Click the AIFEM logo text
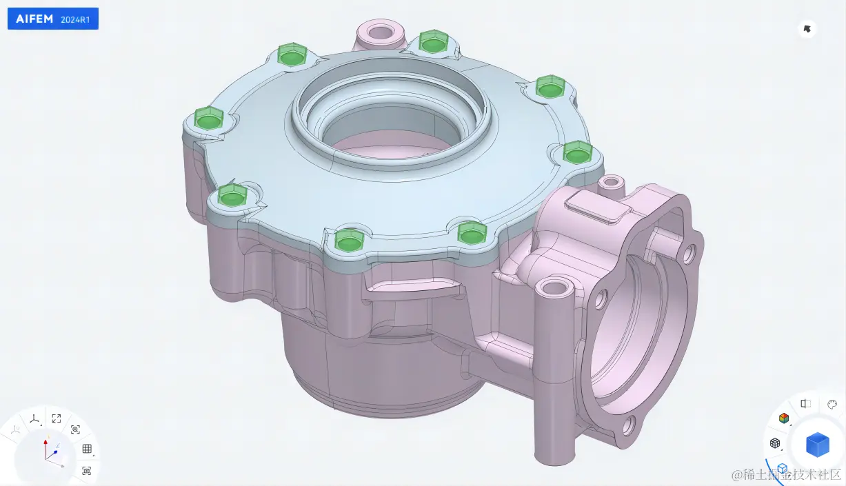(34, 19)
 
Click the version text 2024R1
(75, 19)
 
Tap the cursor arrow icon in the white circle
(807, 29)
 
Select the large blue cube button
(817, 445)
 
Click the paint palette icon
(832, 405)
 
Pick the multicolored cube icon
(784, 418)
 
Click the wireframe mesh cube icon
(774, 443)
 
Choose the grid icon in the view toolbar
(87, 449)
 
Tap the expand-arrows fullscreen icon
(57, 418)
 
